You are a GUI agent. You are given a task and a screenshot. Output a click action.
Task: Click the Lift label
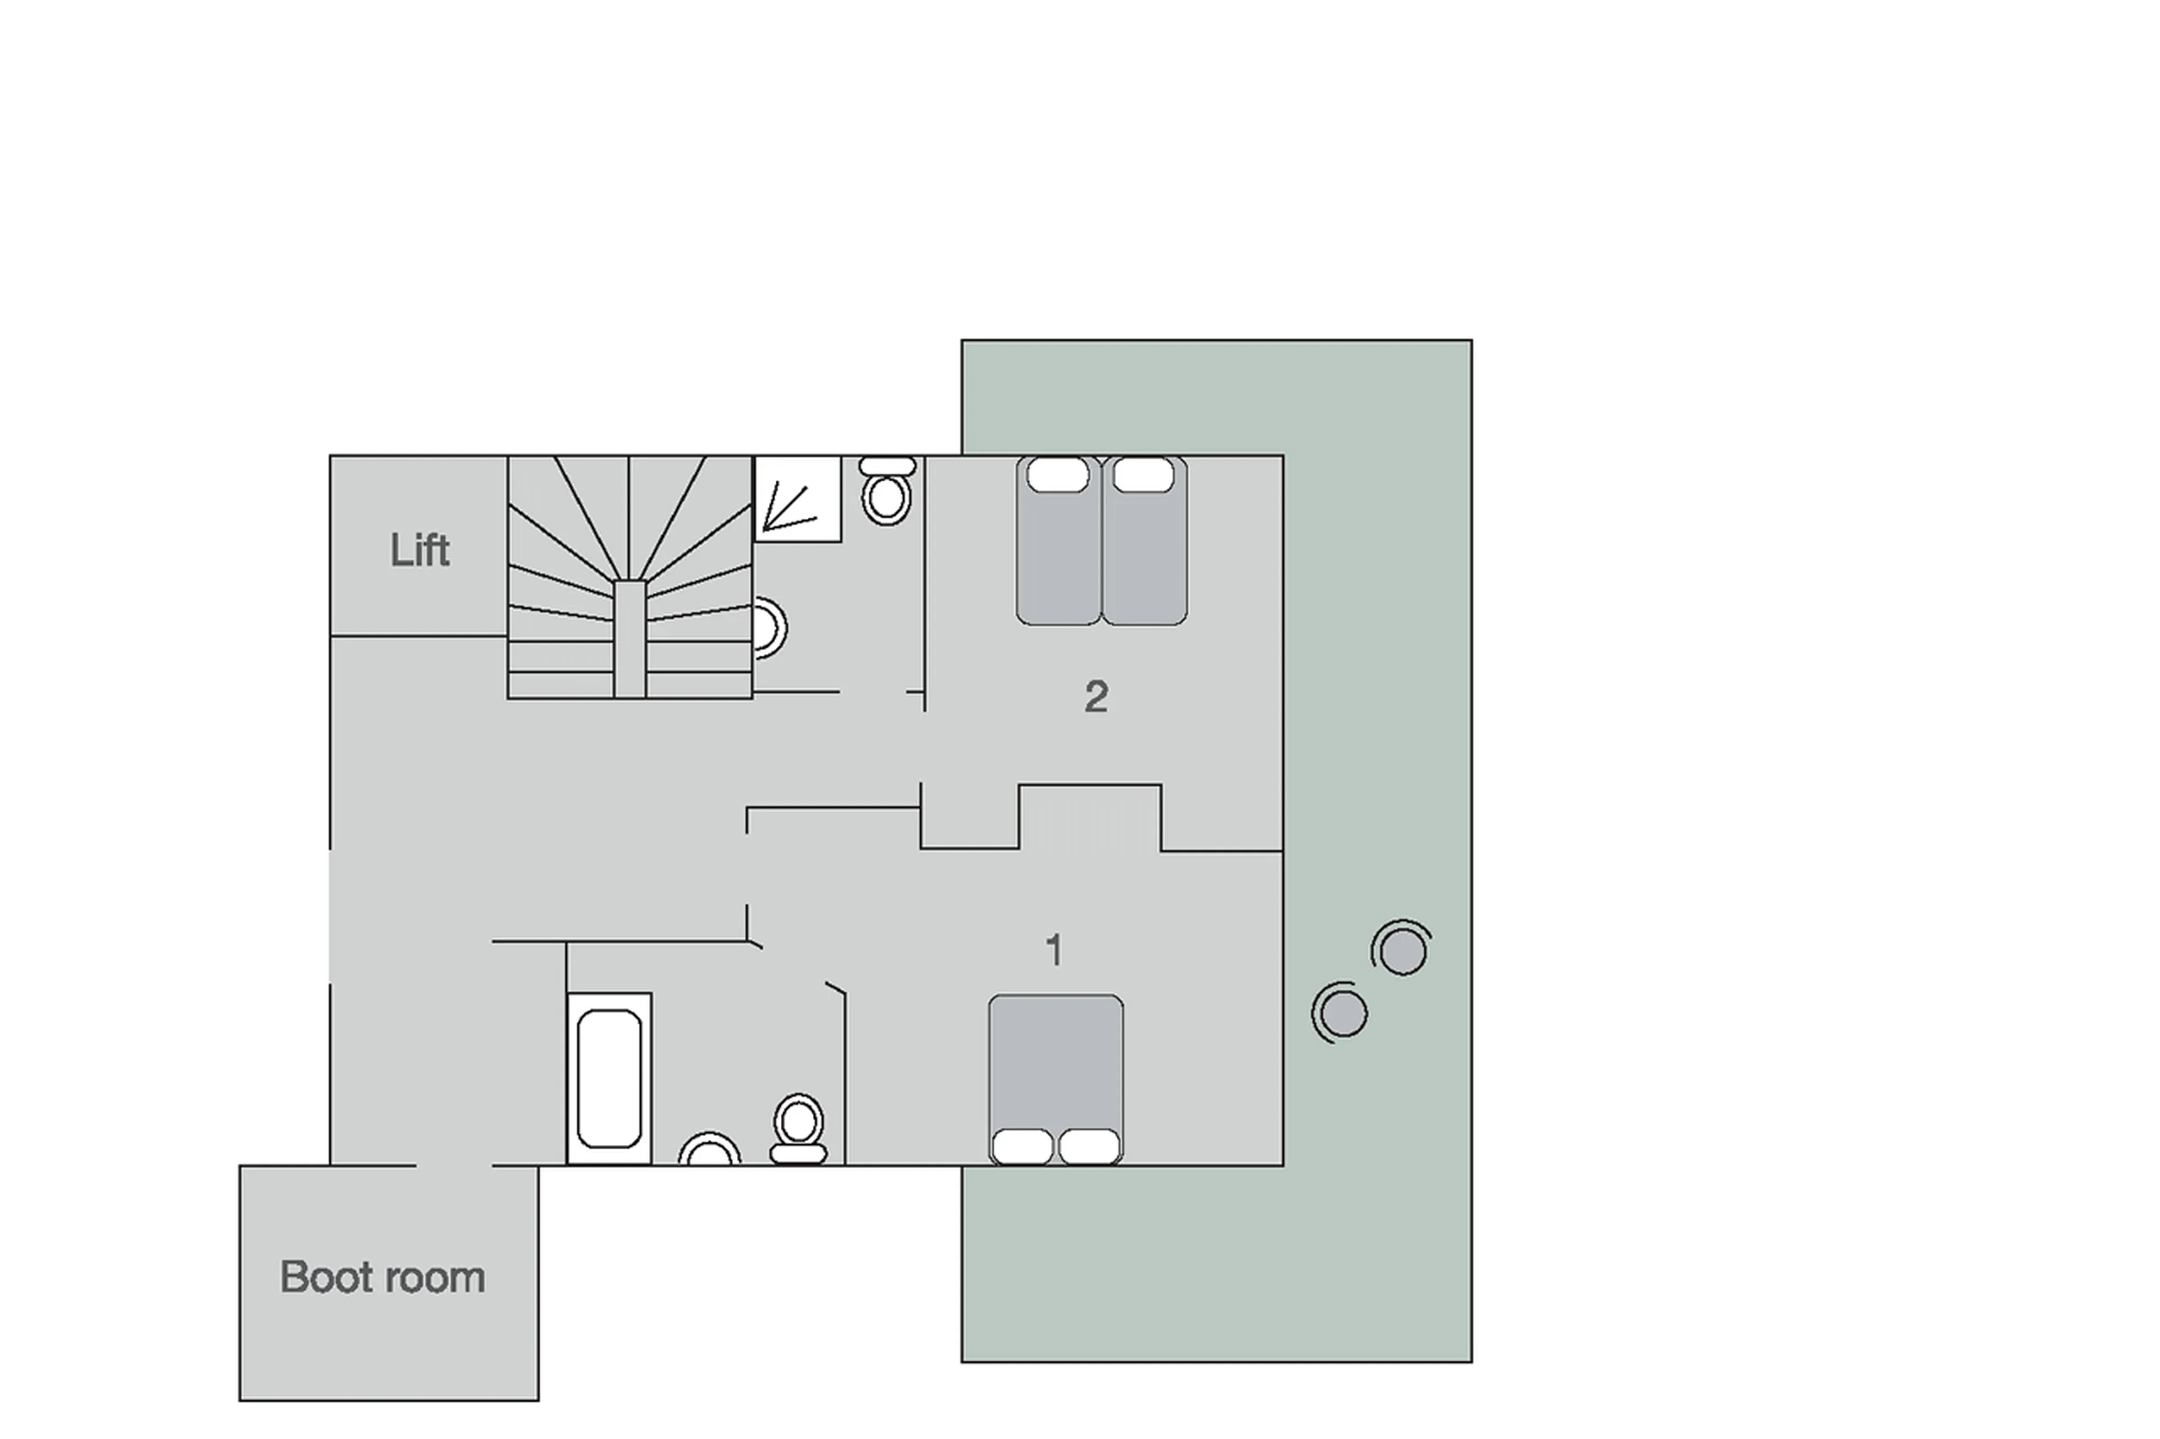point(420,551)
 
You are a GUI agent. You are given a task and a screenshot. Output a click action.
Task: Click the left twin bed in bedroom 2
point(1057,551)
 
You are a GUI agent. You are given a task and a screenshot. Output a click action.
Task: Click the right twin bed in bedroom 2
point(1144,551)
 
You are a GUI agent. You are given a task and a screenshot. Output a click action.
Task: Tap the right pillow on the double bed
point(1090,1146)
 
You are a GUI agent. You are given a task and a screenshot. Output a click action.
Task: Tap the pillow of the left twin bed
point(1057,475)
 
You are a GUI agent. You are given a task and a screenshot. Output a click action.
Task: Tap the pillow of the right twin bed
point(1143,475)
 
